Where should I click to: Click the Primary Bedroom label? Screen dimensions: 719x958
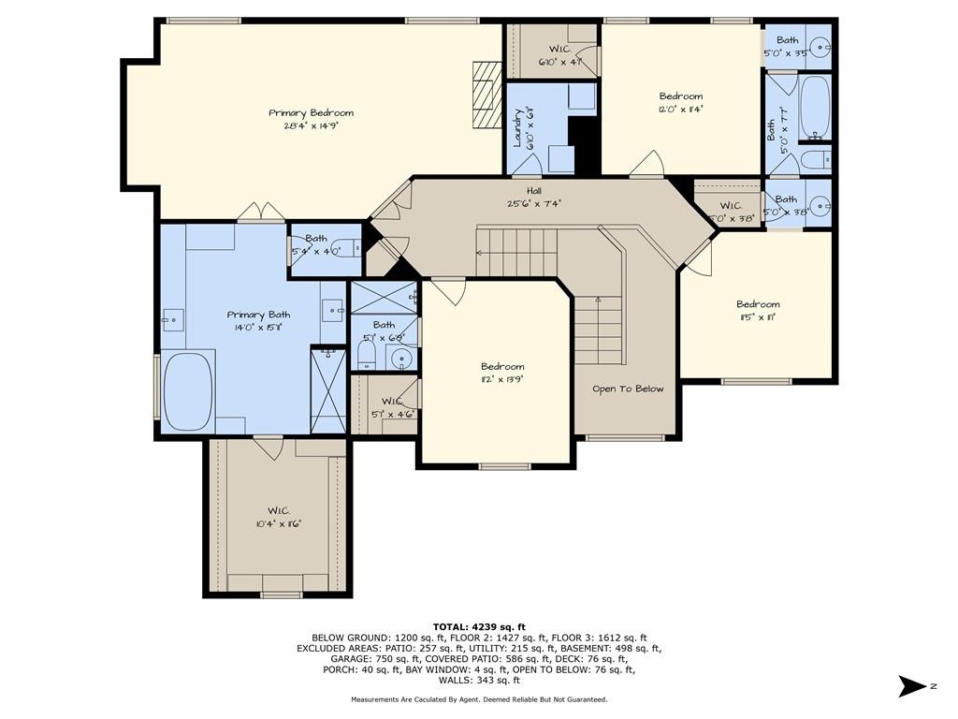pyautogui.click(x=311, y=112)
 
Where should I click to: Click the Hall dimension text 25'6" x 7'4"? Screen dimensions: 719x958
pyautogui.click(x=533, y=202)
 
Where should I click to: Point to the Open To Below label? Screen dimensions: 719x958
pyautogui.click(x=628, y=389)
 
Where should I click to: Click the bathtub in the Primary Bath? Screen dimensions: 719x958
pyautogui.click(x=189, y=391)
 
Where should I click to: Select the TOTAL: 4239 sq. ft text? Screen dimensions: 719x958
pyautogui.click(x=479, y=626)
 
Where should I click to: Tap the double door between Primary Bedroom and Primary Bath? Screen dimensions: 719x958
pyautogui.click(x=260, y=213)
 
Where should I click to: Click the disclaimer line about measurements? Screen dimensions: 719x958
pyautogui.click(x=479, y=699)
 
